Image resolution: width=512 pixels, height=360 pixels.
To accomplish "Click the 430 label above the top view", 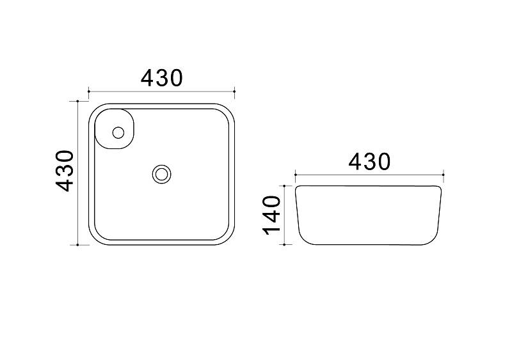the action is click(162, 78).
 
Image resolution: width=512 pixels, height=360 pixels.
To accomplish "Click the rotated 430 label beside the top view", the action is click(65, 171).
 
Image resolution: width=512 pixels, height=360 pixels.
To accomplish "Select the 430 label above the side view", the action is click(369, 162).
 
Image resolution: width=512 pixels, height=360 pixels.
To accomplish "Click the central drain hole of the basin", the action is click(161, 174).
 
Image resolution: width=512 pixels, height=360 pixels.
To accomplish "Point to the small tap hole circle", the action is click(118, 133).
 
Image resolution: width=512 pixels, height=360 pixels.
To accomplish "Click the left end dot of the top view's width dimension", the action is click(89, 91).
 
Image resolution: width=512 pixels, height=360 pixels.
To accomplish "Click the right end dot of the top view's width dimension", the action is click(234, 91).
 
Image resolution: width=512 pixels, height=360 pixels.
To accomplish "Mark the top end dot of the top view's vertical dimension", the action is click(77, 101).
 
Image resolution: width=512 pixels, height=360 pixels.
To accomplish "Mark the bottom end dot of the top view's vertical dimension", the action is click(77, 244).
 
